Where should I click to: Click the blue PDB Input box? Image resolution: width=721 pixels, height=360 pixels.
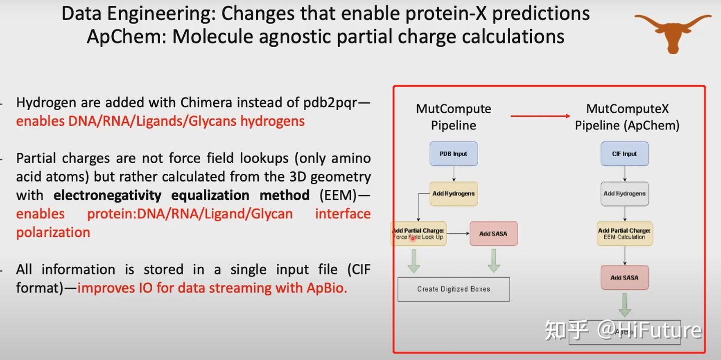[454, 154]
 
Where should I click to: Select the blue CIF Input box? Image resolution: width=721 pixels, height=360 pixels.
[624, 154]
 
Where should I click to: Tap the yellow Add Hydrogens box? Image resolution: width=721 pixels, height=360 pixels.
[454, 193]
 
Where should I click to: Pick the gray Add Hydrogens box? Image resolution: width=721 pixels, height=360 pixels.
[624, 194]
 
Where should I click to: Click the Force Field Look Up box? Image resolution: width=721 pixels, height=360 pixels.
[418, 234]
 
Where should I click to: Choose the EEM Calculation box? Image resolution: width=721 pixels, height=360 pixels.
[624, 234]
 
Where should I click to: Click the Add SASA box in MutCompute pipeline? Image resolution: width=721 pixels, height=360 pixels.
[493, 234]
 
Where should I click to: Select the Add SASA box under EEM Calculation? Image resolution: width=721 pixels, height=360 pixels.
[624, 277]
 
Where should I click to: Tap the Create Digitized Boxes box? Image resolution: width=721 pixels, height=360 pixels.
[453, 289]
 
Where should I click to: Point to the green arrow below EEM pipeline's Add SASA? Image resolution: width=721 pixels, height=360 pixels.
[624, 304]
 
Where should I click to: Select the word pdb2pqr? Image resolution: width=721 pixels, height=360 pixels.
[331, 103]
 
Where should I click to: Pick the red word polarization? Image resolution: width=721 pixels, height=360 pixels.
[53, 232]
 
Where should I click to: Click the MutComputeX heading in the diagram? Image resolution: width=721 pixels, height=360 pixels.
[627, 109]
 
